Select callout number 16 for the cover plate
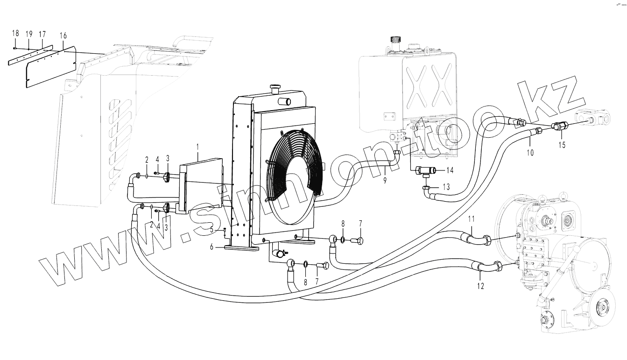[63, 36]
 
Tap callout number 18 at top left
[15, 33]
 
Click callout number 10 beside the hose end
[530, 152]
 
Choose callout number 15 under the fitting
[561, 145]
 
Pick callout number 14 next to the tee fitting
[450, 170]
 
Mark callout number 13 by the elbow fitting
[446, 187]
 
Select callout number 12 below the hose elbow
[480, 285]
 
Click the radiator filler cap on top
[274, 87]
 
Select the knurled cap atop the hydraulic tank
[396, 40]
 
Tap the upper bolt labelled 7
[360, 240]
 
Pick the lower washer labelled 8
[306, 265]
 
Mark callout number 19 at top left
[29, 34]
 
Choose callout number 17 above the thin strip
[42, 34]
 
